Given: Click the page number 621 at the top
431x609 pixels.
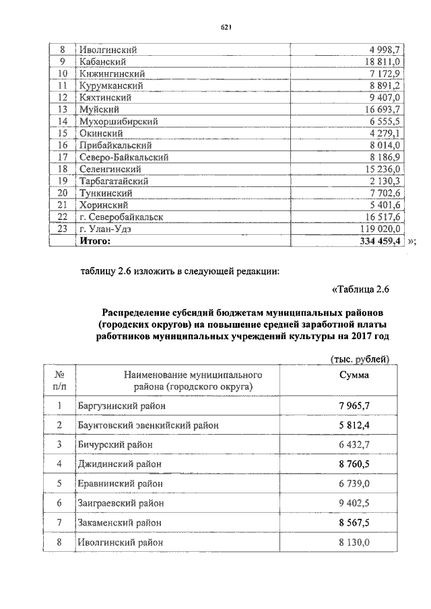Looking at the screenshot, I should click(226, 27).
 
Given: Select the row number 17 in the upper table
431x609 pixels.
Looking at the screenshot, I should click(63, 157).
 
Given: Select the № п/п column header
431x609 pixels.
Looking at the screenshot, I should click(59, 381).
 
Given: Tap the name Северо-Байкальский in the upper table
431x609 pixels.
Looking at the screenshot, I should click(124, 157).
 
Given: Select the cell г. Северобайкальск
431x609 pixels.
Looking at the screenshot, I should click(122, 217).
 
